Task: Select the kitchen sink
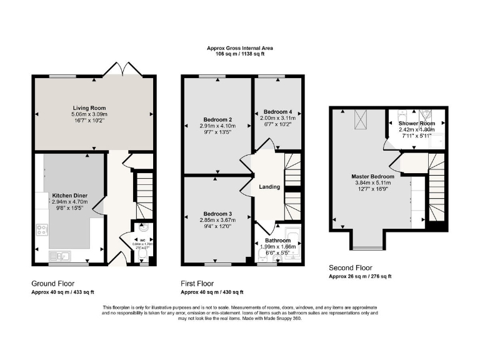[62, 255]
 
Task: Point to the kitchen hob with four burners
[43, 230]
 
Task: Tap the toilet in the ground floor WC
[143, 255]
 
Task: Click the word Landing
[269, 187]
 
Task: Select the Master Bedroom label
[372, 177]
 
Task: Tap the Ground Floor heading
[52, 283]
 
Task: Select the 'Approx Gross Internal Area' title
[240, 48]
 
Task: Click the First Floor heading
[199, 283]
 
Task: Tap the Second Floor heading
[351, 267]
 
